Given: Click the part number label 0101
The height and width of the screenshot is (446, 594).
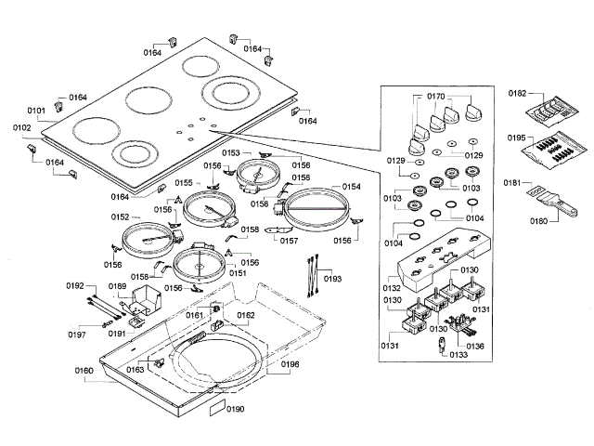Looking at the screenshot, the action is [x=36, y=111].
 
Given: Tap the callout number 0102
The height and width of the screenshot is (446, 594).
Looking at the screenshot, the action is [x=22, y=127].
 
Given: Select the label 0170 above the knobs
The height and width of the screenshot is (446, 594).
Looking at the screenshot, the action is [x=435, y=97].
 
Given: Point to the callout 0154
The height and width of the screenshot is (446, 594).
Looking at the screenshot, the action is [x=352, y=187].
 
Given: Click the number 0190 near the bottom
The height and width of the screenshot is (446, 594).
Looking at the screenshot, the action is [x=235, y=409].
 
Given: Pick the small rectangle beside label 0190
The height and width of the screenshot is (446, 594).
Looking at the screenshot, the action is [x=217, y=408].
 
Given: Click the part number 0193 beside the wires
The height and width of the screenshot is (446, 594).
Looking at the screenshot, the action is [x=332, y=279].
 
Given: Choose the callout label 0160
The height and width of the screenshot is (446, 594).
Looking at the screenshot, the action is [x=84, y=371].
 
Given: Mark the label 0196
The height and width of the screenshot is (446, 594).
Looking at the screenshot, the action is [x=291, y=364].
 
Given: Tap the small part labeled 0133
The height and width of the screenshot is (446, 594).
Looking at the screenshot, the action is [x=442, y=345].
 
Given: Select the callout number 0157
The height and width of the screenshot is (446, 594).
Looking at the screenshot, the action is [x=289, y=241].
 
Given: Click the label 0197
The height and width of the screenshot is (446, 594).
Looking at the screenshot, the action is [x=77, y=334].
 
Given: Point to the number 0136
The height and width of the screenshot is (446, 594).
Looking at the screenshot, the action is [x=475, y=346].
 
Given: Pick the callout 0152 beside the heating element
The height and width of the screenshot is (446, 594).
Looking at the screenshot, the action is [x=120, y=216].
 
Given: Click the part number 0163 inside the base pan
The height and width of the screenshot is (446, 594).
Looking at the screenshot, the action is [x=136, y=370].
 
